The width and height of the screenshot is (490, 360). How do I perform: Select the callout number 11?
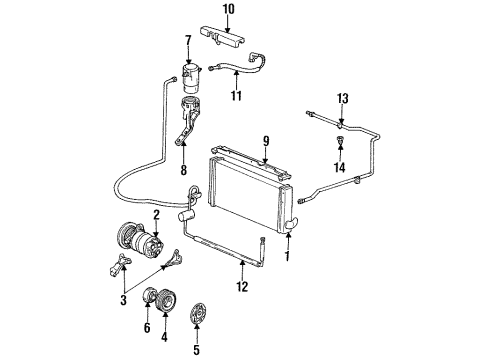(236, 97)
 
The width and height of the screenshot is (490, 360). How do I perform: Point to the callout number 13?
(342, 97)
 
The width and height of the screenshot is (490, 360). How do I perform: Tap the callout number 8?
(184, 169)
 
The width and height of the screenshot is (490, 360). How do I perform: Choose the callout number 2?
(156, 213)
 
